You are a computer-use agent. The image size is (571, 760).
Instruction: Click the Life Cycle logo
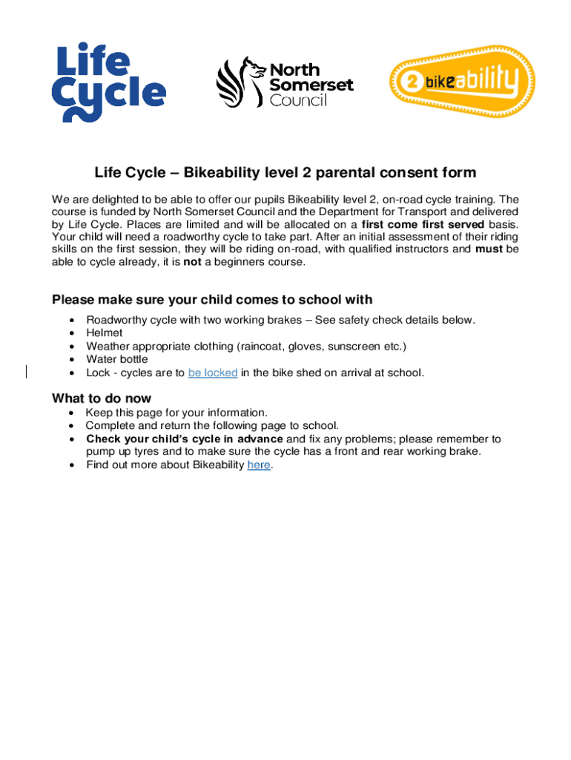[x=108, y=82]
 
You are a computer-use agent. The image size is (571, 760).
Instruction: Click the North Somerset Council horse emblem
[x=240, y=82]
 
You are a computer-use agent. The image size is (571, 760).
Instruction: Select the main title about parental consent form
[x=285, y=174]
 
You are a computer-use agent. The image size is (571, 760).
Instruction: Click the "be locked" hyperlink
[x=213, y=373]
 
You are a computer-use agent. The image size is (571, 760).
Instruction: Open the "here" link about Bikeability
[x=259, y=465]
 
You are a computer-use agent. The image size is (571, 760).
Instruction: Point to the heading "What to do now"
[x=102, y=399]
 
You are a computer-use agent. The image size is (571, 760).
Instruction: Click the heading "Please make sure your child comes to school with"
[x=212, y=300]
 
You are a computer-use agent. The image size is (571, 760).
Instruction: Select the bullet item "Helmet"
[x=105, y=333]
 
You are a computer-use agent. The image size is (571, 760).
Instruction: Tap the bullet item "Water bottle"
[x=117, y=360]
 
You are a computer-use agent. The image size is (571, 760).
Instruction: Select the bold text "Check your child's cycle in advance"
[x=185, y=439]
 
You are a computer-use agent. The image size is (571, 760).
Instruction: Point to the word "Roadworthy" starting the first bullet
[x=116, y=320]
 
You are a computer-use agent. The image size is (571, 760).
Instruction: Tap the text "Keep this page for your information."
[x=176, y=412]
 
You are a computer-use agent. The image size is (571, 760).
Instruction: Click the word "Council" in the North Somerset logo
[x=298, y=101]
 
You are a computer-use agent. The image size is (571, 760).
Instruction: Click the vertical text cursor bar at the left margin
[x=27, y=372]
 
